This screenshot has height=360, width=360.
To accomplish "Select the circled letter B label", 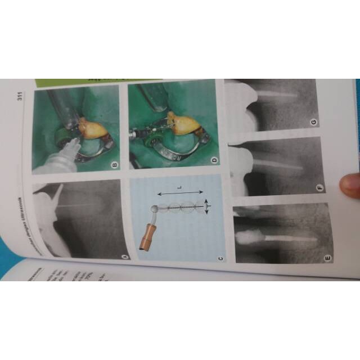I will point(114,165).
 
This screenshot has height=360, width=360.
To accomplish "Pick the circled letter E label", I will point(328,258).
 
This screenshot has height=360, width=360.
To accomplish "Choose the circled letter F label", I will point(321,187).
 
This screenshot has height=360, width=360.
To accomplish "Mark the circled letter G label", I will point(313,122).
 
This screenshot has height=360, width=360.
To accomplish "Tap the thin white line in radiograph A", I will point(84,209).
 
